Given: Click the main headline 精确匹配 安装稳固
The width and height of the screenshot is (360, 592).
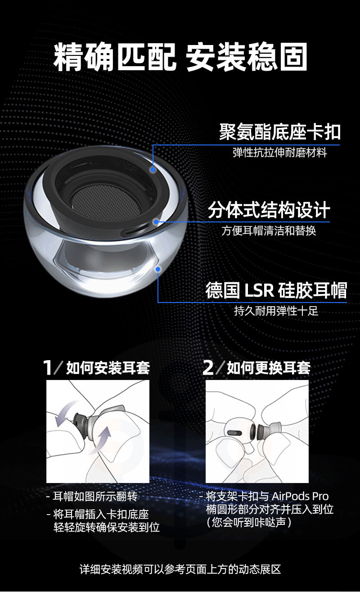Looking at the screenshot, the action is coord(180,57).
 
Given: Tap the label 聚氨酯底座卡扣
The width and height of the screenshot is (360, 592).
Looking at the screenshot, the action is coord(280,131).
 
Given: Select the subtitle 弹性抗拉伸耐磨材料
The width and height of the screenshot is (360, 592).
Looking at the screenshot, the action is coord(280,153).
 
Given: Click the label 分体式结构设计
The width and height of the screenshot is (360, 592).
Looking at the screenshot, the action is coord(269,210).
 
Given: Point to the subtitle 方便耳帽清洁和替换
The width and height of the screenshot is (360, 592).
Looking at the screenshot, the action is coord(269,230).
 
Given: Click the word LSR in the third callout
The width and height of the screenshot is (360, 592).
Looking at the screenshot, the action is coord(259,290).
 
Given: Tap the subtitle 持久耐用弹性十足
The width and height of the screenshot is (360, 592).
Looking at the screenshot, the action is coord(276,311).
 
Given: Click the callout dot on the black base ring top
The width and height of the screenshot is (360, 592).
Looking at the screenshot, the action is coord(153,170).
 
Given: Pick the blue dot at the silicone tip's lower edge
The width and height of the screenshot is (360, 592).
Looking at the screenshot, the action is coord(158,269).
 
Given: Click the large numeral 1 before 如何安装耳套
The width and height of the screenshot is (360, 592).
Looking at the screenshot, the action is coord(48,367).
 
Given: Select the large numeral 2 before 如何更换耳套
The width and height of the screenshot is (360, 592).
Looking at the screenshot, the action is coord(208,367).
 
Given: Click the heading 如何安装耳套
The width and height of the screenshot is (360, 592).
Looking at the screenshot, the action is coord(108,368).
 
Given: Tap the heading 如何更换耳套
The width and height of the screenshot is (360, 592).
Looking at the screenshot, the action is coord(268,368).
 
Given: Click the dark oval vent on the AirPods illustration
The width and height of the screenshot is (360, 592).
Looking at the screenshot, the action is coord(234,433).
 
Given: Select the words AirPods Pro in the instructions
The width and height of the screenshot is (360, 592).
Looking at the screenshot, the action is coord(300,496).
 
